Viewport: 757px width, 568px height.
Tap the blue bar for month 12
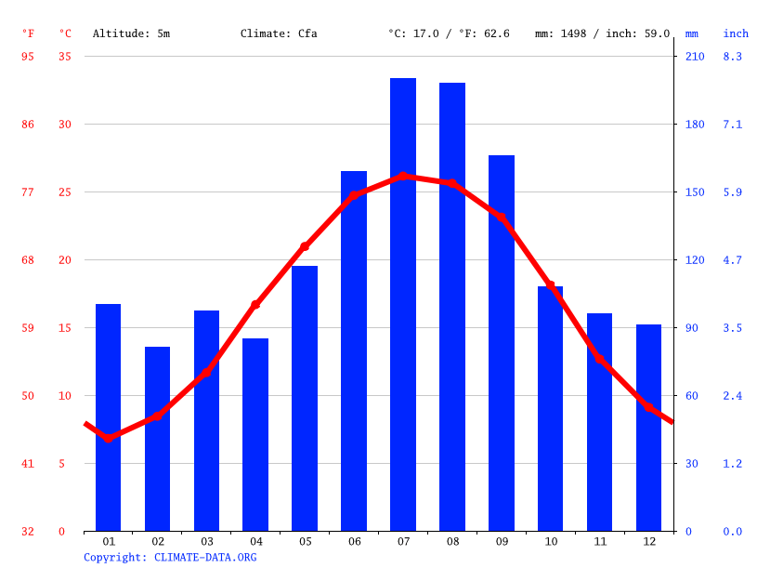[648, 428]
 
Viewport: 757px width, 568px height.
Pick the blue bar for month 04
[255, 434]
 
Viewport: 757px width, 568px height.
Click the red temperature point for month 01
[109, 438]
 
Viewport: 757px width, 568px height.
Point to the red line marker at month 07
[403, 176]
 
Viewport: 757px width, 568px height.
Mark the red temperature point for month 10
[550, 285]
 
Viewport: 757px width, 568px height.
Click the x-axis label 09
[502, 541]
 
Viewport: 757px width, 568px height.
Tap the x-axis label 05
[305, 541]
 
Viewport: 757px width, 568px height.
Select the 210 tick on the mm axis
[695, 57]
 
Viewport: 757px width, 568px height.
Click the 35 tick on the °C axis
[65, 57]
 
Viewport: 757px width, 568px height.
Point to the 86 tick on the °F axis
[28, 125]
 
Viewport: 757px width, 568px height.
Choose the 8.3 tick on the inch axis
[733, 57]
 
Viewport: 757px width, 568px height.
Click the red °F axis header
[28, 33]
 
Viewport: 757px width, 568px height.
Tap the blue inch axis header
[736, 33]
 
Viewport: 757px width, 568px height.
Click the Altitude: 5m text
[131, 33]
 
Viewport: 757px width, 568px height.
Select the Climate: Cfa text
[279, 33]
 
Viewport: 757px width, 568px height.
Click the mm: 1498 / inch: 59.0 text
[602, 33]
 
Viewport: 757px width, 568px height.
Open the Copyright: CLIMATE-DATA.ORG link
[170, 557]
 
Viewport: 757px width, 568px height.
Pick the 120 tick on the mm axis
[695, 260]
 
